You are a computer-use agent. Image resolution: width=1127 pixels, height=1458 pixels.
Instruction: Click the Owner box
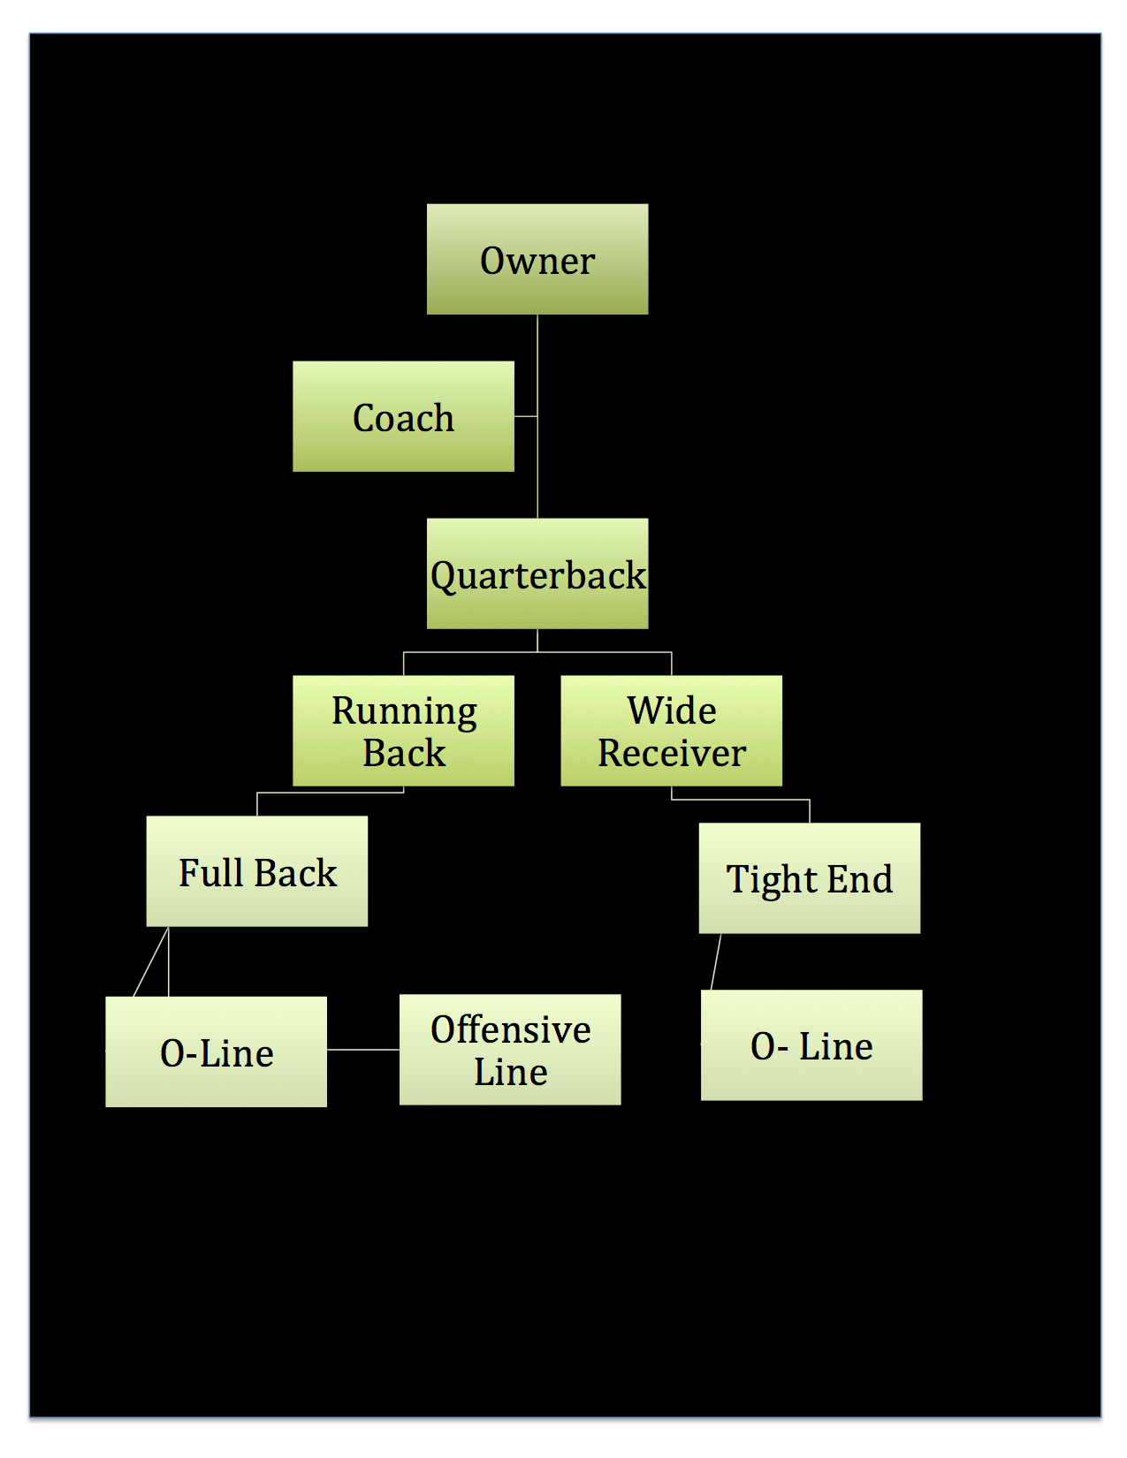pos(537,260)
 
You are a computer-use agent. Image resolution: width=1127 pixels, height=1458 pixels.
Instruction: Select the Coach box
pos(403,416)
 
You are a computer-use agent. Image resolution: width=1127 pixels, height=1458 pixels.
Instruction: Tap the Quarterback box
pos(537,573)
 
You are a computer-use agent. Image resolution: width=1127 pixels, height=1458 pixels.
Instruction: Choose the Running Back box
pos(403,731)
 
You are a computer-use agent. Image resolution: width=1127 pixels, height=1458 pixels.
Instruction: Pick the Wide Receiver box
pos(672,731)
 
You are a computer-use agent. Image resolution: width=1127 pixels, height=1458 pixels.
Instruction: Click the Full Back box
pos(257,871)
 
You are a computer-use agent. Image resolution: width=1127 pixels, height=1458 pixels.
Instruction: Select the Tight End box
pos(810,878)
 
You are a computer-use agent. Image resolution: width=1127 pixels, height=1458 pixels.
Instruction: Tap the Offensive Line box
pos(510,1050)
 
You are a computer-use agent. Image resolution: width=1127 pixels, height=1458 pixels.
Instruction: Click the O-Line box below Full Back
pos(217,1052)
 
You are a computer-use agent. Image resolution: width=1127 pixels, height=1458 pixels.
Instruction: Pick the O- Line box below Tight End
pos(811,1045)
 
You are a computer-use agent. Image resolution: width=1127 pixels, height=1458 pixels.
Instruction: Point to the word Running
pos(404,711)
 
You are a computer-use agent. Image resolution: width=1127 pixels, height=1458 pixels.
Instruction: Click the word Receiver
pos(672,754)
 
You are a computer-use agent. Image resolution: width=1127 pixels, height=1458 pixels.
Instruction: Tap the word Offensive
pos(511,1030)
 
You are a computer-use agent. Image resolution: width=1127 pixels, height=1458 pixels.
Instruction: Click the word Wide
pos(672,710)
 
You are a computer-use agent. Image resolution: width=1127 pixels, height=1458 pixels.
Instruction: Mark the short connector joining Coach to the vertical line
pos(526,416)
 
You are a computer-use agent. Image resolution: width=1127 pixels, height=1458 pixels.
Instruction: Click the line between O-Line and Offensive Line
pos(363,1050)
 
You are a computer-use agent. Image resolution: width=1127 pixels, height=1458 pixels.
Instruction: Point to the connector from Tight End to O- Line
pos(716,961)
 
